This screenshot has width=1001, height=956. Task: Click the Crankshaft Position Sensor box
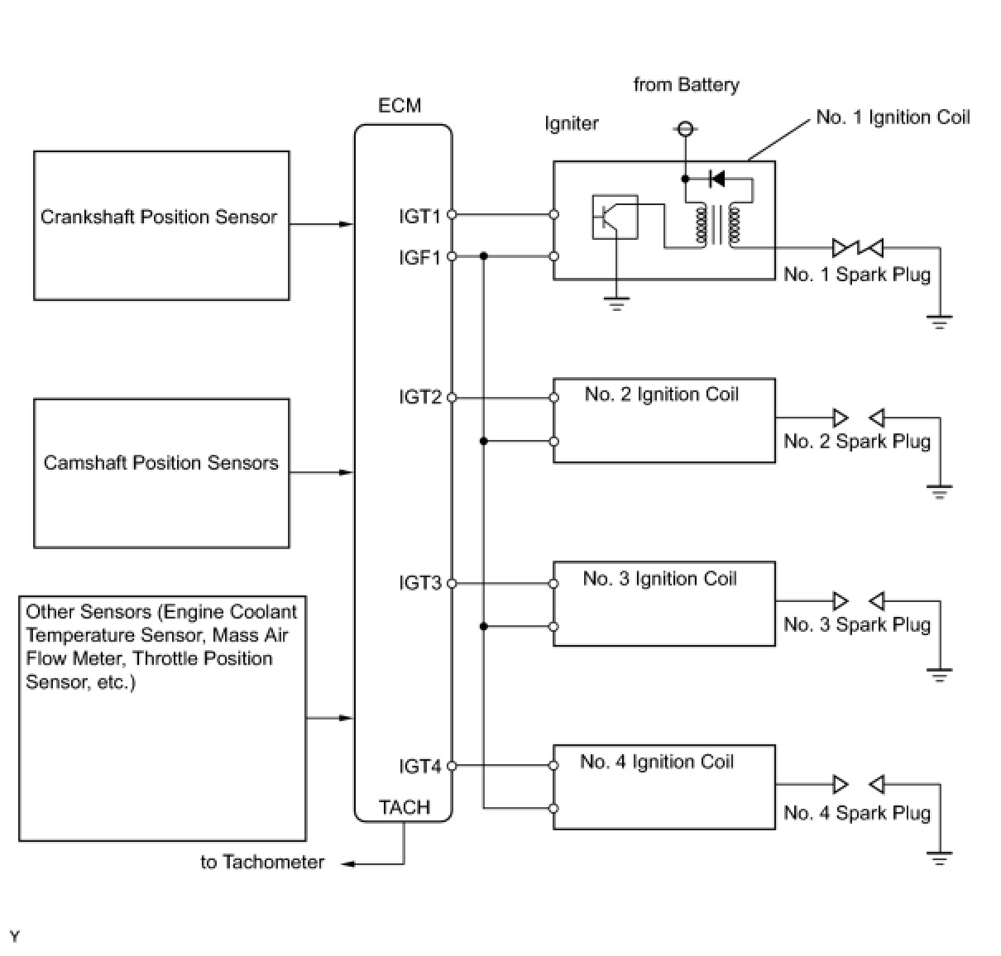point(161,225)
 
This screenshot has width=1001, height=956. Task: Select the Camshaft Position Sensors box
point(161,473)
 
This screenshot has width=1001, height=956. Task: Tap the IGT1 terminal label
point(419,216)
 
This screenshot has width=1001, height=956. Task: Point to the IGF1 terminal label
point(419,257)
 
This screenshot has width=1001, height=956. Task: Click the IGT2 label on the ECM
point(419,398)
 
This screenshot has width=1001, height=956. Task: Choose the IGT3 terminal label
point(419,583)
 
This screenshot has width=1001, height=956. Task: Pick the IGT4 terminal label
point(419,767)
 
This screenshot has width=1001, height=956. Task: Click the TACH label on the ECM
point(405,807)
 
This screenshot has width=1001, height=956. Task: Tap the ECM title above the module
point(400,106)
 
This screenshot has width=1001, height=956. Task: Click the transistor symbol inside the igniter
point(615,217)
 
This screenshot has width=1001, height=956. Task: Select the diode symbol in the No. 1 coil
point(717,179)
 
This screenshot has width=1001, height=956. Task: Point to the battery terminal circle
point(684,128)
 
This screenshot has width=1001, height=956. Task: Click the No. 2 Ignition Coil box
point(664,421)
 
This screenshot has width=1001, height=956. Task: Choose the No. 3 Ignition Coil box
point(664,604)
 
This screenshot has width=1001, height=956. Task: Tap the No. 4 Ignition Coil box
point(664,786)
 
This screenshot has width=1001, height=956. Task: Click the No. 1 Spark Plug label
point(856,275)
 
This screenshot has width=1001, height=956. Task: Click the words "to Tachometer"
point(262,863)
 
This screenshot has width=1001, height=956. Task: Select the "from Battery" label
point(686,84)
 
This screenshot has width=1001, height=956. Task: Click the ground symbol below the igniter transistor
point(615,304)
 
